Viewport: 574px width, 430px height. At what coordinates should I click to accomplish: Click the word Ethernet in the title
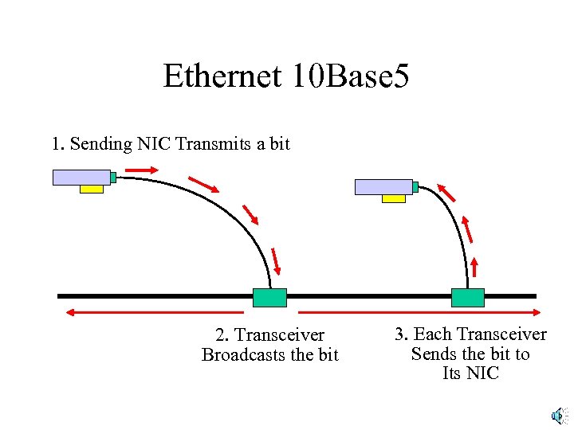222,76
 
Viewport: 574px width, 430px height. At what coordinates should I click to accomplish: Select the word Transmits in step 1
210,144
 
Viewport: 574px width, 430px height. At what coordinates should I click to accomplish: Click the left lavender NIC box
81,177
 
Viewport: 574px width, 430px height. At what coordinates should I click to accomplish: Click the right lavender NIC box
383,186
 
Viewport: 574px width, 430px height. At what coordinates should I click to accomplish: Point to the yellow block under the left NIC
92,189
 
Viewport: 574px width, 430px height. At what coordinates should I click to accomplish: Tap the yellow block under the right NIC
393,198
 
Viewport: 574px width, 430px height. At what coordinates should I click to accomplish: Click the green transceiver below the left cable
269,297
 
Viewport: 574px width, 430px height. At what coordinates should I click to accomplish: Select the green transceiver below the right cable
467,297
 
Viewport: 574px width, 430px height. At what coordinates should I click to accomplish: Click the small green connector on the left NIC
113,178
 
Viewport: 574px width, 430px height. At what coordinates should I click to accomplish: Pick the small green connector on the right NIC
415,186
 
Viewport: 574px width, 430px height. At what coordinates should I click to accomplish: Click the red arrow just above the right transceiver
475,267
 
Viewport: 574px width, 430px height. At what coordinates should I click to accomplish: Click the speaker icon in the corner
558,416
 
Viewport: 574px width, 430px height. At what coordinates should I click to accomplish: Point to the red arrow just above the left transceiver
276,260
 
